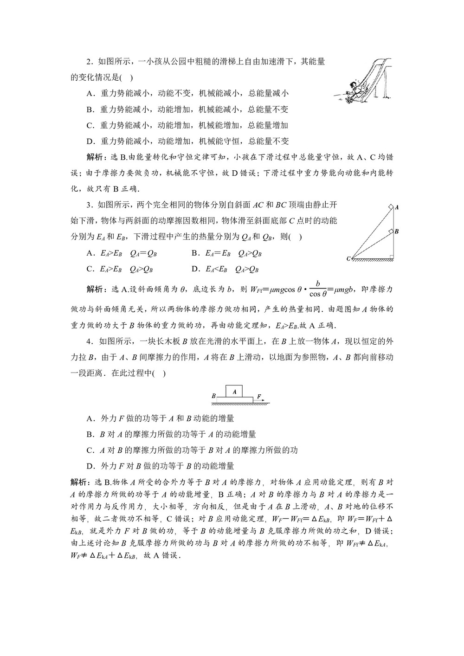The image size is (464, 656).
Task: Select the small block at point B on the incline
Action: pos(391,231)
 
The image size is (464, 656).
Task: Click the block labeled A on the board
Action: pos(235,392)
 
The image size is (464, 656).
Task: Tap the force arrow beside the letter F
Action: pos(260,400)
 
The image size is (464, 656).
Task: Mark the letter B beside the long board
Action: pos(213,397)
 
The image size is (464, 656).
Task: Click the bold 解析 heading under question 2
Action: pos(96,158)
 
